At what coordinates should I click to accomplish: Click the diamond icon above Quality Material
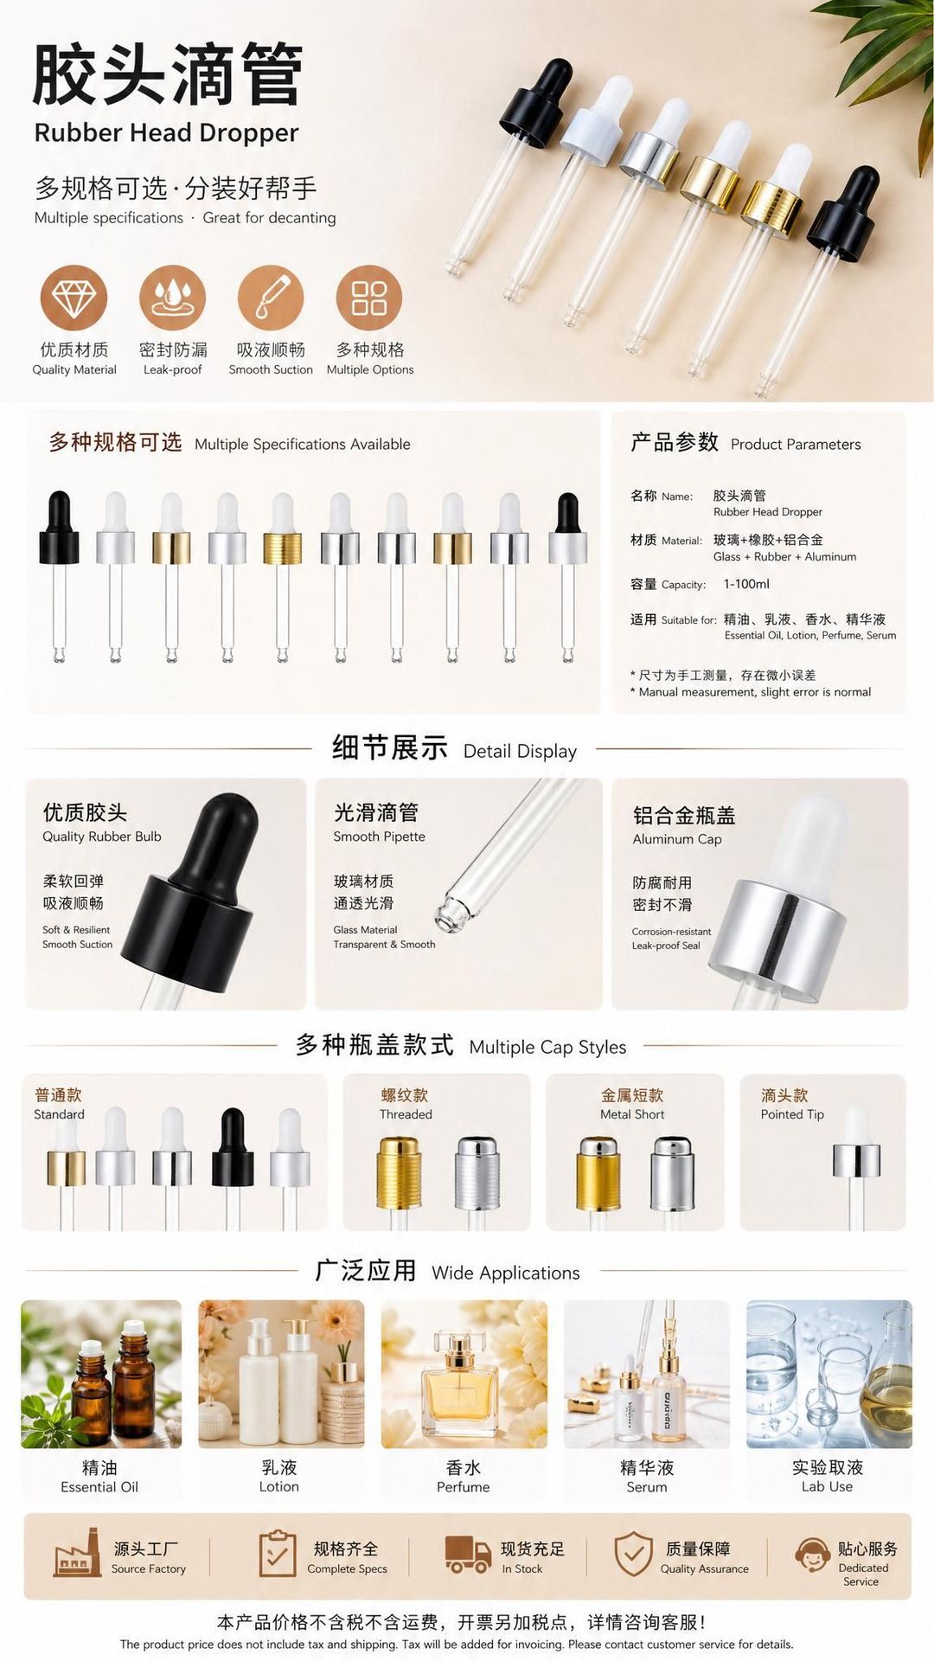point(74,298)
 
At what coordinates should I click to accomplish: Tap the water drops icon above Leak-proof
point(172,298)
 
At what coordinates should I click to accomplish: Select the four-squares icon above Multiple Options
point(369,298)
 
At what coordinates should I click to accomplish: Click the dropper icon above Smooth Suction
point(271,298)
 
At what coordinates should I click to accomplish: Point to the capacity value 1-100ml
point(746,584)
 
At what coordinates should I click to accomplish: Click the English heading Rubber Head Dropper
point(166,132)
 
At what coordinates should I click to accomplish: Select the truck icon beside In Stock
point(468,1554)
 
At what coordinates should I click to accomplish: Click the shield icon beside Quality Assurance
point(633,1554)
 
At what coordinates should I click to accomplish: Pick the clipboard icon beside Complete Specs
point(277,1554)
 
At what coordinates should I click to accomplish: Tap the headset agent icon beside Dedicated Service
point(812,1555)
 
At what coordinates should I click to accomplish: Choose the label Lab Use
point(827,1486)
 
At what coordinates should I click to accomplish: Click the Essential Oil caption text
point(99,1487)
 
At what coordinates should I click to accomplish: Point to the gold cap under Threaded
point(399,1173)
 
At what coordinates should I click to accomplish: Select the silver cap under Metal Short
point(673,1174)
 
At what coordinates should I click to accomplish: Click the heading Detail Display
point(520,751)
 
